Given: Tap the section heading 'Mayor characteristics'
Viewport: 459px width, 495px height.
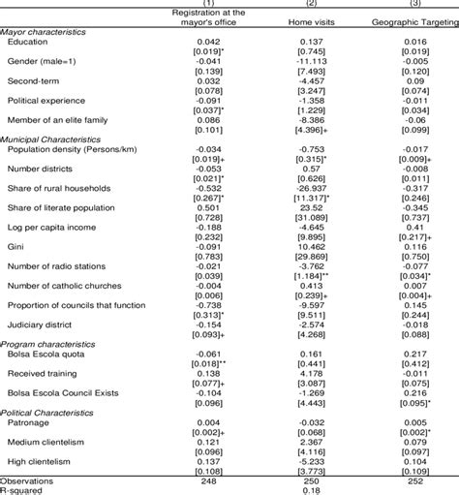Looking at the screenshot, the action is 43,33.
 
